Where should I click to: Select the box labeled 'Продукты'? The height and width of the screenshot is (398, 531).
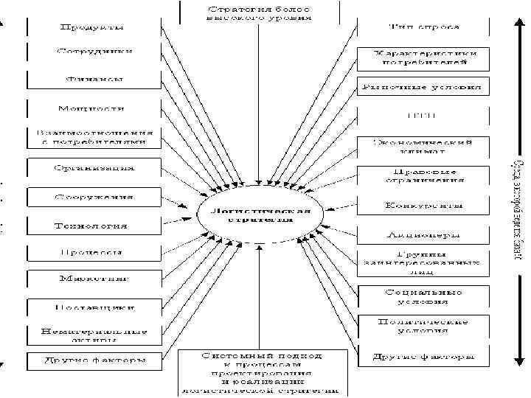91,27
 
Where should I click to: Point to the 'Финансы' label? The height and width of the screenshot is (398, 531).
93,79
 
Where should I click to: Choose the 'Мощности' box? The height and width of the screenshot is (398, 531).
93,108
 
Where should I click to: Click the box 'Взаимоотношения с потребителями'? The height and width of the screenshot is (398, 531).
93,137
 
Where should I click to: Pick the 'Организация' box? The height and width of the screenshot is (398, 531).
93,167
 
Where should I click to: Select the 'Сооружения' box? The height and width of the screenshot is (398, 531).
93,198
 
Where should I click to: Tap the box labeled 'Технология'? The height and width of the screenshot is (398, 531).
91,226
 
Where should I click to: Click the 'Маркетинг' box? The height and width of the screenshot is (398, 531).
93,279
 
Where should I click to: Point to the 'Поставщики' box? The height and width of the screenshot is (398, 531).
93,306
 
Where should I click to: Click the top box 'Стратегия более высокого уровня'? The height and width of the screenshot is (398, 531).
258,13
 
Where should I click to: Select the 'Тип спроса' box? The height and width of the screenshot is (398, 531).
423,27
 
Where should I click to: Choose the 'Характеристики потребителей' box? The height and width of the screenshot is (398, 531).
423,58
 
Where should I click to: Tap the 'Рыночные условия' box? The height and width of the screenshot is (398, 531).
423,87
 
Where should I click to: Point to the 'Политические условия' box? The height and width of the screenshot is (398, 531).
423,326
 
